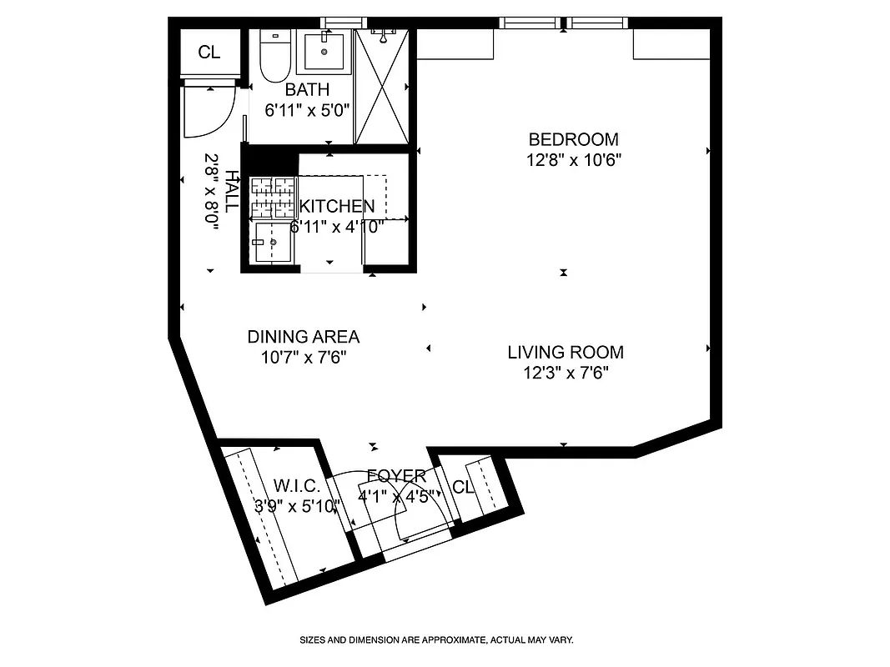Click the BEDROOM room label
click(x=574, y=139)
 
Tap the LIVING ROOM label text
click(x=566, y=353)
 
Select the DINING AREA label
click(x=303, y=337)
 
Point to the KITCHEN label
click(x=337, y=207)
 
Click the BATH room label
click(x=307, y=89)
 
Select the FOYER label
click(x=396, y=476)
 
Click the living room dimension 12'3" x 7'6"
click(x=565, y=373)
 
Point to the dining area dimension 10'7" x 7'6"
click(x=303, y=357)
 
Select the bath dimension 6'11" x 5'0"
click(x=307, y=109)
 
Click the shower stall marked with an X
click(x=382, y=87)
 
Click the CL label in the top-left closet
click(x=209, y=53)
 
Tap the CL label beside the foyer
click(x=463, y=487)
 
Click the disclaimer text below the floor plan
click(x=436, y=640)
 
